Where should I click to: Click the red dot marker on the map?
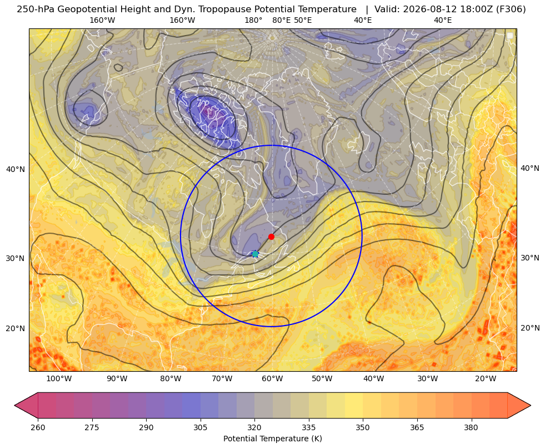point(271,237)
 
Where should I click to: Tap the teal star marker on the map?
point(255,254)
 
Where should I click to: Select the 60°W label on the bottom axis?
point(272,379)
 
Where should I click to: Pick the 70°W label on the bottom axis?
point(222,379)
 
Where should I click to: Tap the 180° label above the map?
point(253,20)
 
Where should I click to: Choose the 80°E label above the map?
point(281,20)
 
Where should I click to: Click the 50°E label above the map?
point(303,20)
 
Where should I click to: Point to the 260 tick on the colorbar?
point(38,427)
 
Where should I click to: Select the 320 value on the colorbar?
point(254,427)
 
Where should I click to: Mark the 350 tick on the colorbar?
point(363,427)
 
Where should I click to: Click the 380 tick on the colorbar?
point(471,427)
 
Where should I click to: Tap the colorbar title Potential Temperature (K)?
point(272,439)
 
